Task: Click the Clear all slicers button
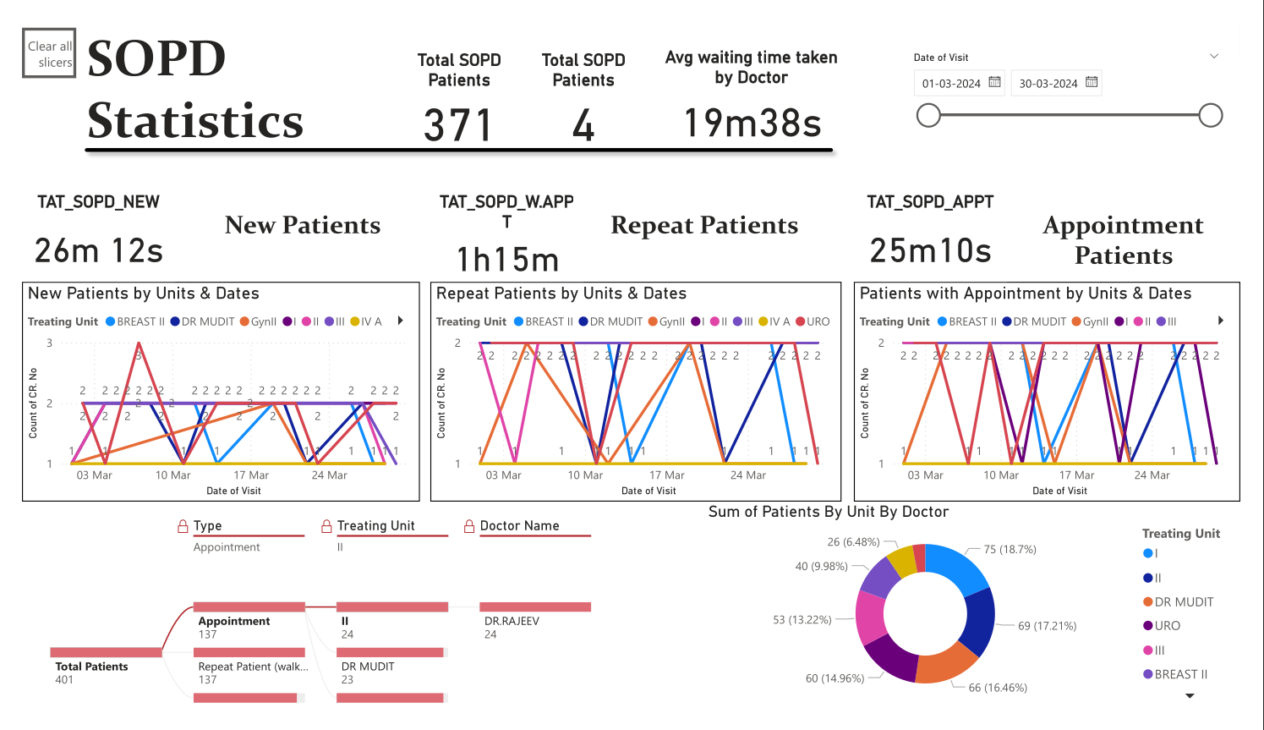pos(49,53)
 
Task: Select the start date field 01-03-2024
pos(951,84)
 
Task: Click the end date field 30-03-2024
pos(1048,84)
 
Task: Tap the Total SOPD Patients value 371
pos(458,125)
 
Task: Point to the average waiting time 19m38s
pos(752,123)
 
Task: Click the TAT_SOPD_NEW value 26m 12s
pos(99,251)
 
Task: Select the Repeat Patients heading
pos(704,226)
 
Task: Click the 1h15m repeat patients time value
pos(507,261)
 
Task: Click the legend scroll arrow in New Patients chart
pos(401,321)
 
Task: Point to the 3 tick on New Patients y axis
pos(50,343)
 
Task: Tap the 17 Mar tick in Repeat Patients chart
pos(667,475)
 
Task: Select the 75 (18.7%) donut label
pos(1010,550)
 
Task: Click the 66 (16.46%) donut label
pos(998,688)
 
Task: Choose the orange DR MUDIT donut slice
pos(947,663)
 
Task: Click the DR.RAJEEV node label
pos(512,621)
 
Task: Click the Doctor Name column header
pos(519,526)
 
